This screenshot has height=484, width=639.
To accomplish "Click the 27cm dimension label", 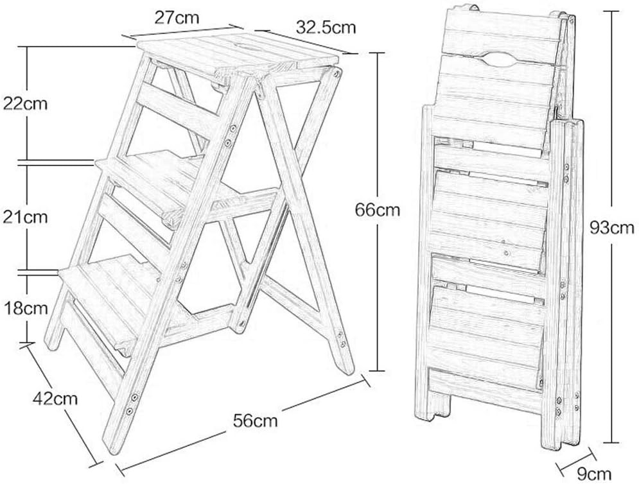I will coord(177,17).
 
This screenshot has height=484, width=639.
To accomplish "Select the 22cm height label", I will coord(24,103).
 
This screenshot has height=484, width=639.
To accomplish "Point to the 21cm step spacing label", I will coord(24,217).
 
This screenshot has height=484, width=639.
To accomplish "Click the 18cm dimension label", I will coord(24,307).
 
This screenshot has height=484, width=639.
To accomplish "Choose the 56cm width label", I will coord(256,421).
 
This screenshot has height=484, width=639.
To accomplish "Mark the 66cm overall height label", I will coord(378,209).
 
